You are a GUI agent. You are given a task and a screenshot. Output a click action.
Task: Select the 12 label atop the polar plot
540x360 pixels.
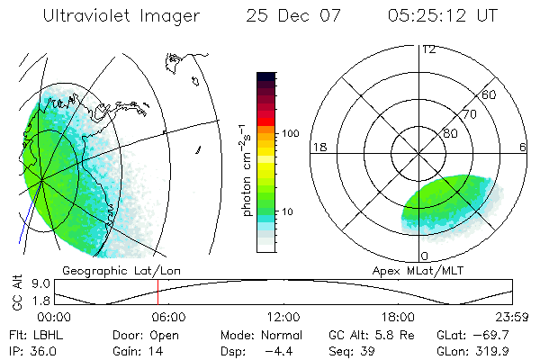[x=428, y=49]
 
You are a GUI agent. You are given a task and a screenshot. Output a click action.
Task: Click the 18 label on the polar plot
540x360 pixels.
[x=319, y=148]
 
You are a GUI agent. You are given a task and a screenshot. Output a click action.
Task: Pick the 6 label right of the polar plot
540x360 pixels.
[x=522, y=148]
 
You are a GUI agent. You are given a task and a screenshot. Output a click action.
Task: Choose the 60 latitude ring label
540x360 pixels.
[x=490, y=94]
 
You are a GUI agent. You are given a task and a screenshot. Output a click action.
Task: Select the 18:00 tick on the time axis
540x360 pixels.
[x=398, y=317]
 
